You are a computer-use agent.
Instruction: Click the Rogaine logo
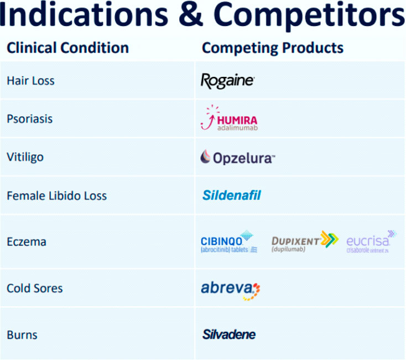click(227, 81)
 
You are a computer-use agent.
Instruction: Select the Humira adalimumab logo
click(228, 119)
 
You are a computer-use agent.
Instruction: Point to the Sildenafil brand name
click(231, 195)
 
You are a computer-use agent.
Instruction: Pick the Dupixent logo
click(304, 241)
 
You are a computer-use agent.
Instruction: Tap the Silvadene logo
click(228, 335)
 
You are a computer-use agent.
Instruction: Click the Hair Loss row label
click(30, 81)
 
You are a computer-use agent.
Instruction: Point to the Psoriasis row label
click(29, 119)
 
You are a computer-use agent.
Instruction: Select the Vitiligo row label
click(25, 157)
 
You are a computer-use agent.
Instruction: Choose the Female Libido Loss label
click(56, 196)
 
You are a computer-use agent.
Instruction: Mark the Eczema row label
click(26, 242)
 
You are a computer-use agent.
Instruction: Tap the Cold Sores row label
click(34, 288)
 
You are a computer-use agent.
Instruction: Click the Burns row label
click(22, 335)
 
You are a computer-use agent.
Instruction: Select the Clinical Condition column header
click(67, 48)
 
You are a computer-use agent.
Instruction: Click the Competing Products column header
click(272, 48)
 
